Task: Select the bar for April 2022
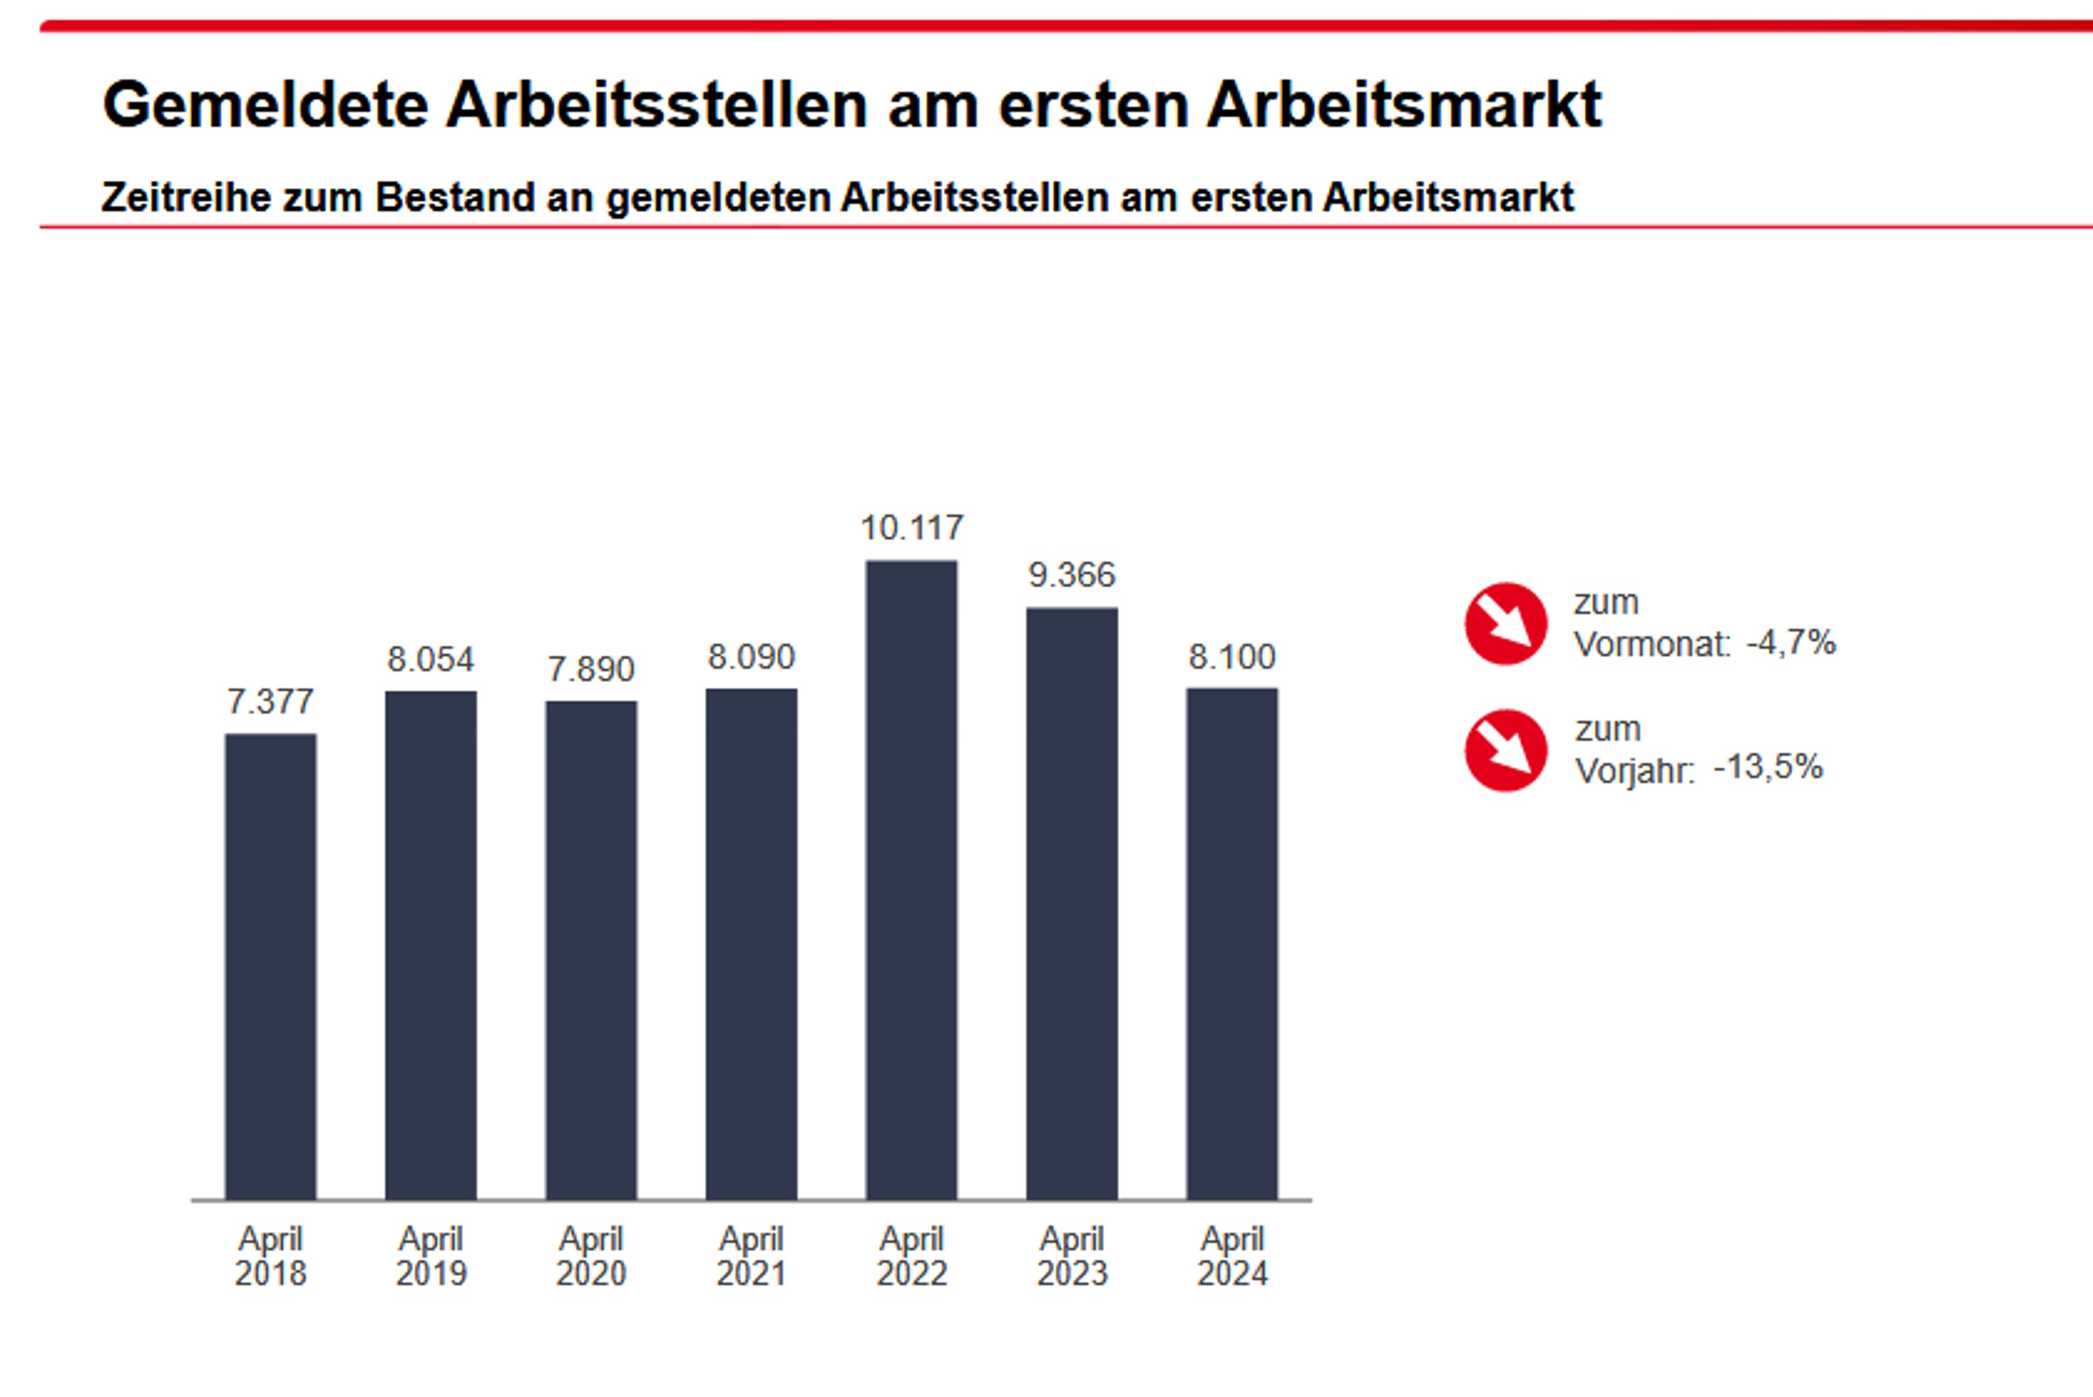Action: point(911,879)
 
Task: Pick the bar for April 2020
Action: point(591,950)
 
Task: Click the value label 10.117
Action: point(911,528)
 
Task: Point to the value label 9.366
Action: point(1072,576)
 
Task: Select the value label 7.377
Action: point(271,701)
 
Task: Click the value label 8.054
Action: point(431,659)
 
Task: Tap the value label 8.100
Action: point(1232,657)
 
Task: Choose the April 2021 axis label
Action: point(751,1255)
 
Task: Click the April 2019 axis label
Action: point(431,1255)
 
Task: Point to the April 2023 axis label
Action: point(1072,1255)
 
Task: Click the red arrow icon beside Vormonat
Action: point(1506,623)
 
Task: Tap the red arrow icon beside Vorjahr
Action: point(1506,750)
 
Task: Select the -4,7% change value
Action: point(1790,643)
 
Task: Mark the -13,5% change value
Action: point(1767,767)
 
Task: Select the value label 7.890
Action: point(591,669)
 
